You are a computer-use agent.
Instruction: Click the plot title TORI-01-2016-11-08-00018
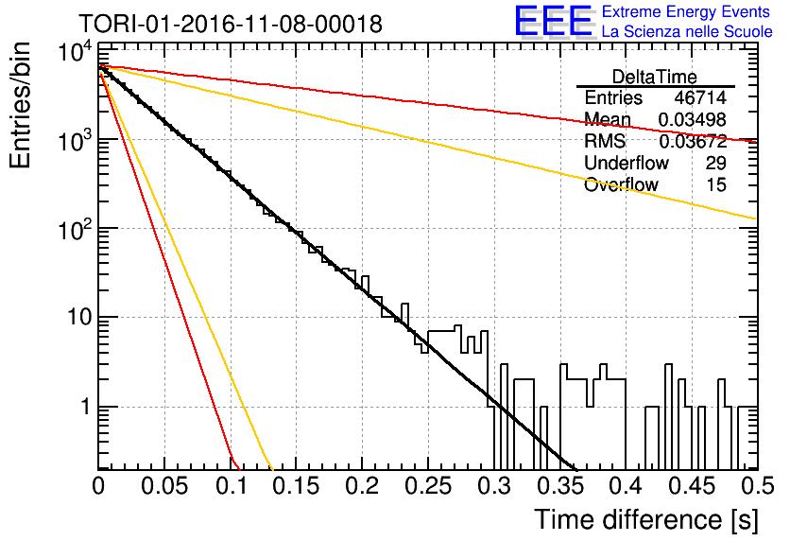point(231,24)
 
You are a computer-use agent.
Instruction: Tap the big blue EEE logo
point(554,21)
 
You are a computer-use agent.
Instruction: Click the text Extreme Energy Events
point(686,11)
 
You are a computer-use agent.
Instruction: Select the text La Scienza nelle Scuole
point(687,31)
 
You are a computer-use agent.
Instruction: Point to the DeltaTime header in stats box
point(655,77)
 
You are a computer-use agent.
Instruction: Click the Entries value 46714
point(700,97)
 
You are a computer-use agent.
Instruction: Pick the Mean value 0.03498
point(693,119)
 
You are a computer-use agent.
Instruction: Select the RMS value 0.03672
point(693,141)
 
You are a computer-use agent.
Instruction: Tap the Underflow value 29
point(716,163)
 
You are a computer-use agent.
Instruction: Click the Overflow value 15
point(716,184)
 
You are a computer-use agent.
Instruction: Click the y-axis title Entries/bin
point(20,105)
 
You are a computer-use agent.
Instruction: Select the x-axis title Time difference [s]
point(646,519)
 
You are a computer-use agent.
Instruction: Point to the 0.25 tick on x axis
point(428,486)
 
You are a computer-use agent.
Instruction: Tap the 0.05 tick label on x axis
point(164,486)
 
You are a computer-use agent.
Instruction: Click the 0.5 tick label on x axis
point(757,486)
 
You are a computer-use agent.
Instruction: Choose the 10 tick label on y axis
point(78,317)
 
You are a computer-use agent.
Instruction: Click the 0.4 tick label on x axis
point(626,486)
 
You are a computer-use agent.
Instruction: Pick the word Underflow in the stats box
point(627,163)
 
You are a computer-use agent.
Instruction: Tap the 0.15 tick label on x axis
point(297,486)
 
